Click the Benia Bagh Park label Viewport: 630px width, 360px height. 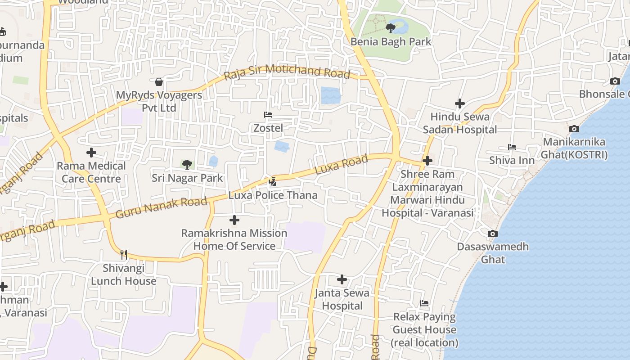tap(391, 42)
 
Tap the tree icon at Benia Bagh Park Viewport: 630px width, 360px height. tap(390, 28)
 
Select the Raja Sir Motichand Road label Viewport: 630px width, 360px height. tap(287, 72)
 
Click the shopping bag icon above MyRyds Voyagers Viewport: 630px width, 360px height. tap(158, 82)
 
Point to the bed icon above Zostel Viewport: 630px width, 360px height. tap(268, 115)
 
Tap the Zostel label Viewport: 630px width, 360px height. tap(268, 128)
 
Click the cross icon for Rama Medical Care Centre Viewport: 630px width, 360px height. tap(91, 153)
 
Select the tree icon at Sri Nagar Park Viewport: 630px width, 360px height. tap(187, 164)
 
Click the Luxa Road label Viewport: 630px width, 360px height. tap(341, 165)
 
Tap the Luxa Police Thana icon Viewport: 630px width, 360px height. tap(272, 182)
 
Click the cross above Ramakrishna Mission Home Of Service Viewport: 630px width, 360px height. tap(234, 220)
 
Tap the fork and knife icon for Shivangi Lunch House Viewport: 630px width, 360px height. tap(124, 255)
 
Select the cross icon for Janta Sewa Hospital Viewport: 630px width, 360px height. tap(342, 279)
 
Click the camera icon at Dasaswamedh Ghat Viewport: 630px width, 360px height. tap(493, 234)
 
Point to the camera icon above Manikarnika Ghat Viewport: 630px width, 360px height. tap(574, 129)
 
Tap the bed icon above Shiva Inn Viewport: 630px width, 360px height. tap(512, 147)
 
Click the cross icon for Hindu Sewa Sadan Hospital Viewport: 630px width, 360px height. tap(459, 103)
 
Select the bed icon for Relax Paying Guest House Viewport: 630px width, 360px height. tap(424, 303)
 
